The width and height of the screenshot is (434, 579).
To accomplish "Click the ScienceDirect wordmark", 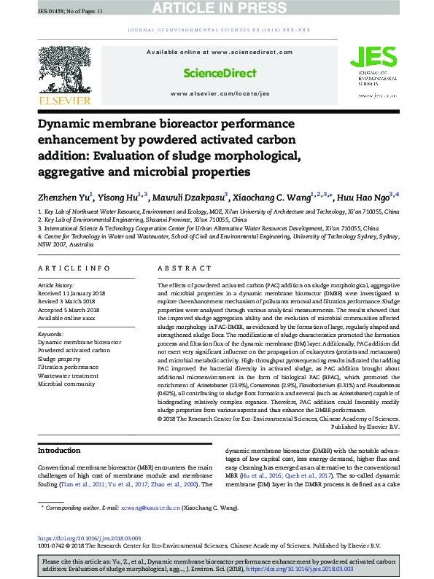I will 219,73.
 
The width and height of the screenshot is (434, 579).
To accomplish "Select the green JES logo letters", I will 368,58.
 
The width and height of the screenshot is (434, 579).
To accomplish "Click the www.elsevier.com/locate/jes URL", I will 220,94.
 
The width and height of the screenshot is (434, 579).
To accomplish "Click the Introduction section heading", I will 59,451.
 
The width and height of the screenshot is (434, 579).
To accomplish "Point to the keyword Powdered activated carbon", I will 73,349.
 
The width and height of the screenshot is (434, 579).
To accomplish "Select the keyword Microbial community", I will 67,382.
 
